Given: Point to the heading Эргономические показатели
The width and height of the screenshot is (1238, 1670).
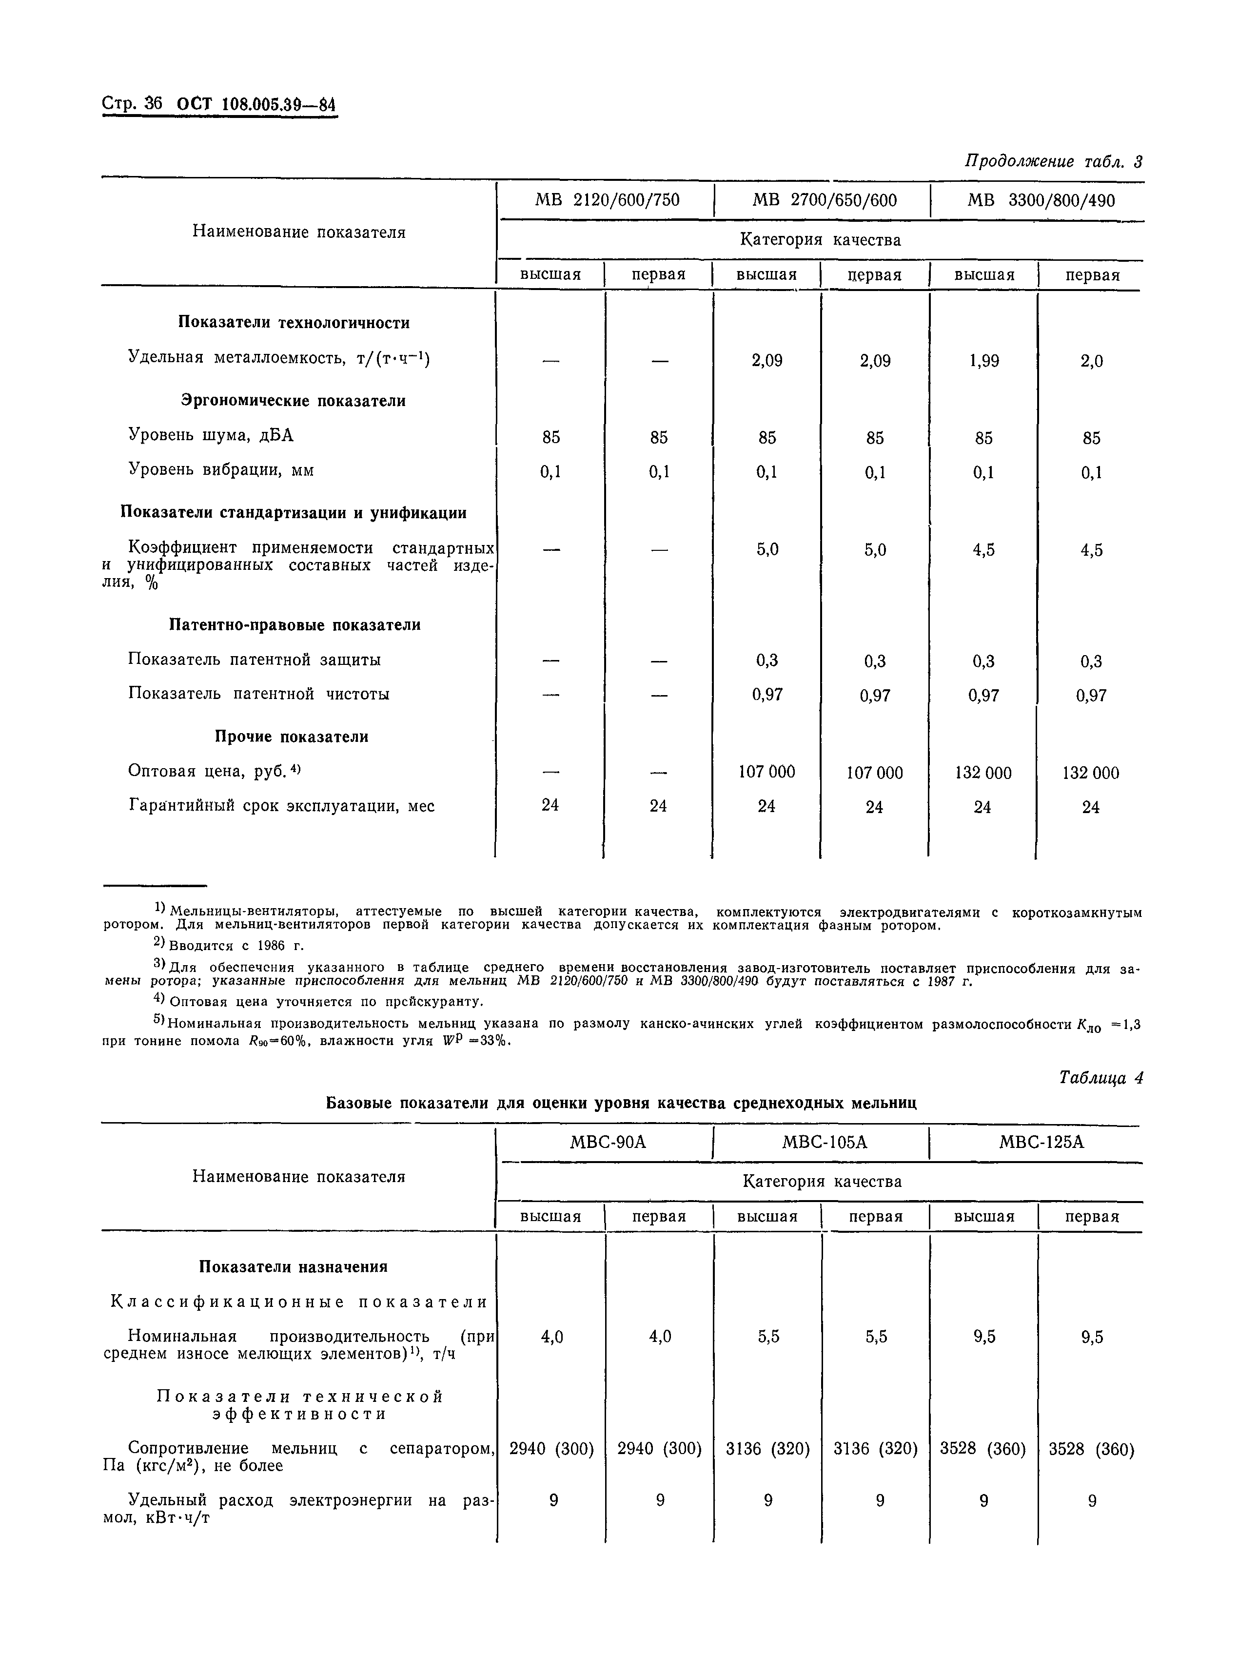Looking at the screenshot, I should (294, 401).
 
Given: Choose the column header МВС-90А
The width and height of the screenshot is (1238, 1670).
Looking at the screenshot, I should (608, 1142).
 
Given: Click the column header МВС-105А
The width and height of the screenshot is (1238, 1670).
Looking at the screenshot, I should (825, 1142).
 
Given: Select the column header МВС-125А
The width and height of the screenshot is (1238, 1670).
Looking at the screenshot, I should (1041, 1142).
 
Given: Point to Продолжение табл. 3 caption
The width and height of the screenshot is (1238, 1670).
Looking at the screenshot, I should (1053, 161).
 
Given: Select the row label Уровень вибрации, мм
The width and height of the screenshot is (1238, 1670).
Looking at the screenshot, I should (221, 470).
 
